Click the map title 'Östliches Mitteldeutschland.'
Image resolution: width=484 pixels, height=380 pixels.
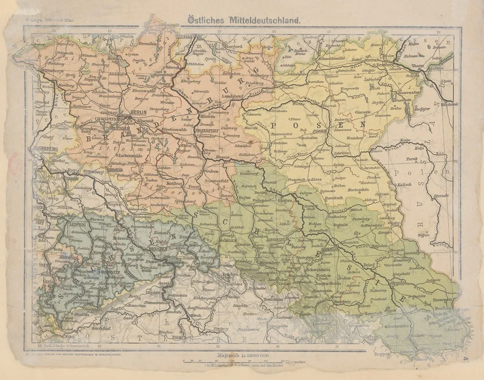242,20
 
